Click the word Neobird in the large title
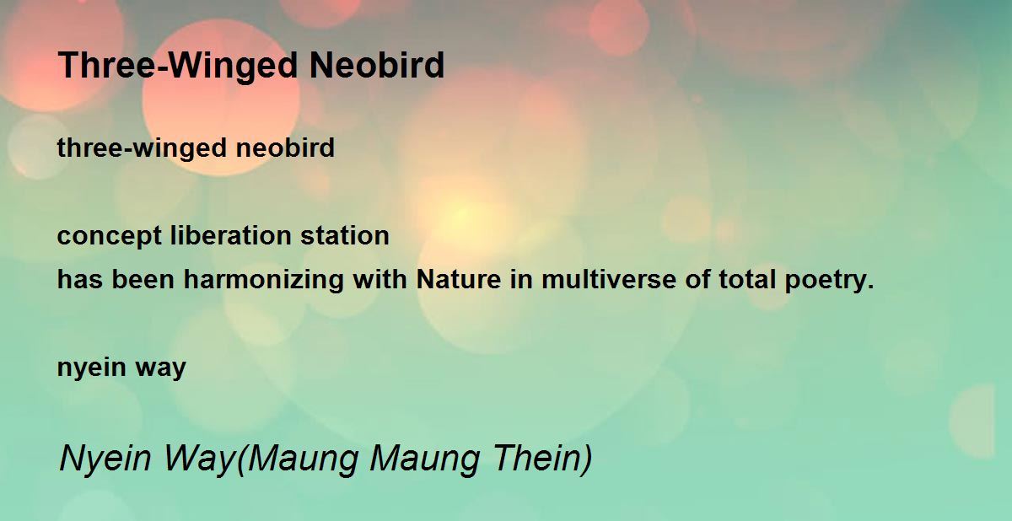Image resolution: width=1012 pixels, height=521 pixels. (377, 65)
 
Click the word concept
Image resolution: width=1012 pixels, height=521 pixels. (110, 237)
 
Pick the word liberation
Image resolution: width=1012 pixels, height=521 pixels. (231, 235)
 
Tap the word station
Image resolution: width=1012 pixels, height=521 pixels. (345, 235)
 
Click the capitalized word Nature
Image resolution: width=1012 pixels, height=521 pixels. (459, 279)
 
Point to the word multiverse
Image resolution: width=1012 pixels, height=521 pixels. (609, 279)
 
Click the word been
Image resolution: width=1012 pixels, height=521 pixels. (143, 279)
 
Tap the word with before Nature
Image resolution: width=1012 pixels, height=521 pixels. (380, 279)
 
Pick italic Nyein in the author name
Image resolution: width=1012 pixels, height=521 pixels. (105, 459)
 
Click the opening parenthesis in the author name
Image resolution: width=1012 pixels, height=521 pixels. (241, 459)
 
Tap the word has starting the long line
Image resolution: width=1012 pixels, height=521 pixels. (80, 279)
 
